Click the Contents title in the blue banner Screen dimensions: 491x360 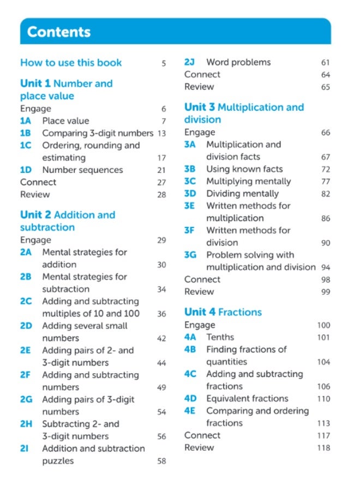point(58,32)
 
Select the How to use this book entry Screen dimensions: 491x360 point(71,63)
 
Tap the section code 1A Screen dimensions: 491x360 point(26,121)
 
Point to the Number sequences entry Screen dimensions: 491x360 point(82,170)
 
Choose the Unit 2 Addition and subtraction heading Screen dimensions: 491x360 point(68,221)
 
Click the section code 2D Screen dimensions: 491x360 point(26,326)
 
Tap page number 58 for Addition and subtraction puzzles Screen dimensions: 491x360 point(161,462)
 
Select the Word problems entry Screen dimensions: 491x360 point(238,63)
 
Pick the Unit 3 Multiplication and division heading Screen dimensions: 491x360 point(244,113)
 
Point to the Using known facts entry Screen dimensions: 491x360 point(244,169)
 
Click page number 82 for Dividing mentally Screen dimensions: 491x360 point(326,194)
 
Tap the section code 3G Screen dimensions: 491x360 point(190,255)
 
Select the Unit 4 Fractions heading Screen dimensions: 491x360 point(223,312)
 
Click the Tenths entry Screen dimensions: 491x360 point(220,337)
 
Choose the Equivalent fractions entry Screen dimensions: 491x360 point(247,399)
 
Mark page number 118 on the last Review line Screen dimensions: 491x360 point(323,448)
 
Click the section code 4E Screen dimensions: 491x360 point(190,411)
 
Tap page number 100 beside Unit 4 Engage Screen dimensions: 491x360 point(323,326)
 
